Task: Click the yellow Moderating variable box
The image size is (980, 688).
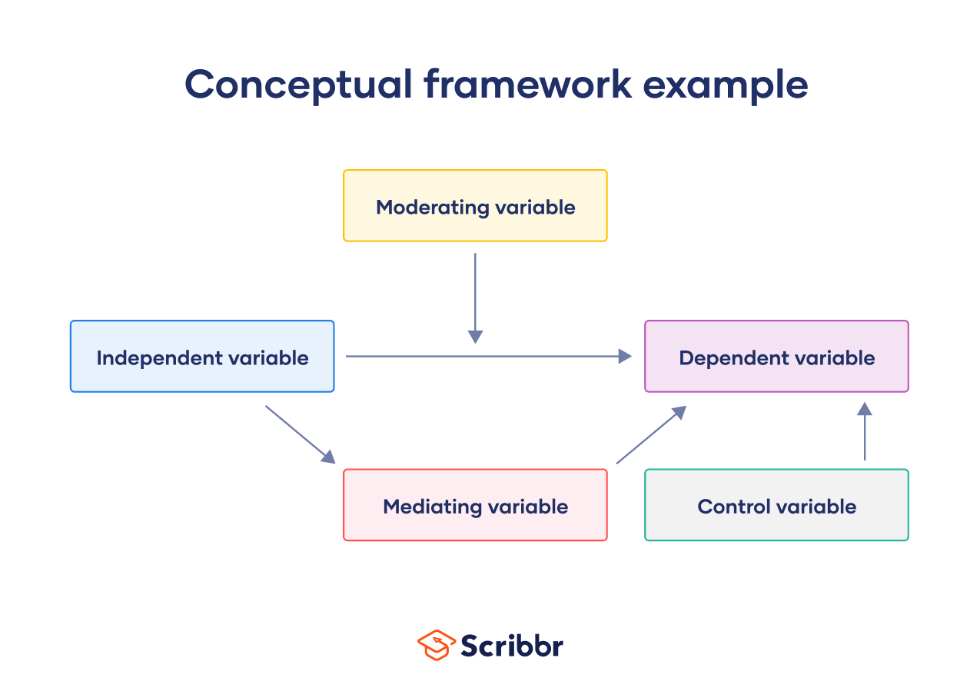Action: pyautogui.click(x=475, y=205)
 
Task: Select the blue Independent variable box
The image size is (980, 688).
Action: pyautogui.click(x=202, y=357)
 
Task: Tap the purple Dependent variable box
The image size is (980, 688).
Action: pyautogui.click(x=776, y=357)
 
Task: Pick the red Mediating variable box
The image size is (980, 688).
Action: pyautogui.click(x=475, y=505)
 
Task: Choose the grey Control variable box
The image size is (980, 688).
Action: pyautogui.click(x=776, y=505)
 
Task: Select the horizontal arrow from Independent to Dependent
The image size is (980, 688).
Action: pyautogui.click(x=488, y=356)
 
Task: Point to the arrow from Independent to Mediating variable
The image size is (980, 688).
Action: pyautogui.click(x=301, y=434)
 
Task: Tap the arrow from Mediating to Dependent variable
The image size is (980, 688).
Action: pyautogui.click(x=651, y=435)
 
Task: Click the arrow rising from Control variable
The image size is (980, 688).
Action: pyautogui.click(x=865, y=431)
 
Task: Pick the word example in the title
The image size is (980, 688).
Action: pyautogui.click(x=725, y=86)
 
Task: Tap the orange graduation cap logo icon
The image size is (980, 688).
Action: pyautogui.click(x=436, y=645)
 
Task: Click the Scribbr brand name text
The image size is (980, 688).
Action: pyautogui.click(x=512, y=645)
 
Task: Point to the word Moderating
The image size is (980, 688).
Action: pyautogui.click(x=433, y=208)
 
